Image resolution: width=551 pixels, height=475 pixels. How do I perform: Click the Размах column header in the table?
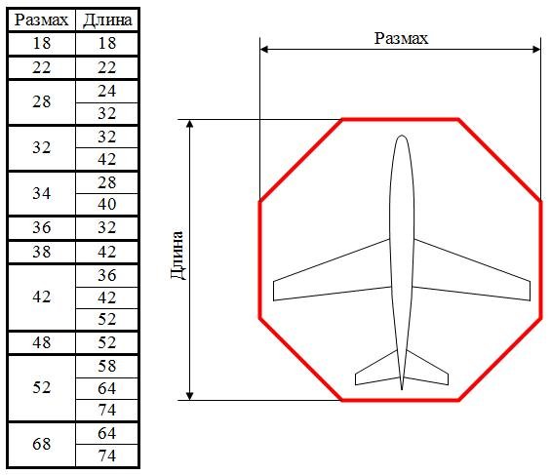click(x=42, y=20)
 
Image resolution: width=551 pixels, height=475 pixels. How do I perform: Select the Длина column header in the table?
click(x=107, y=20)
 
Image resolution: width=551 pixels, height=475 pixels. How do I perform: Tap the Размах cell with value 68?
click(x=42, y=444)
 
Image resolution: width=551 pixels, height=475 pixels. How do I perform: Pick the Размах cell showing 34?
click(x=42, y=193)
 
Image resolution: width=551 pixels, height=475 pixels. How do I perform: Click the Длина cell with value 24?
click(x=107, y=91)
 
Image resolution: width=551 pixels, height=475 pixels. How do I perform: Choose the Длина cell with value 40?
click(x=107, y=204)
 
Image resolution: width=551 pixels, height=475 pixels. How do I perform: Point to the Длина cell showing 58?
click(x=107, y=366)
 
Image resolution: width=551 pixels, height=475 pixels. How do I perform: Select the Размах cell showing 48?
click(x=42, y=342)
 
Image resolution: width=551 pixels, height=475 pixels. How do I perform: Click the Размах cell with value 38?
click(x=42, y=252)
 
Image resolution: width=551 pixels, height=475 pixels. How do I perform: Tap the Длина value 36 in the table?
click(x=107, y=275)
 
